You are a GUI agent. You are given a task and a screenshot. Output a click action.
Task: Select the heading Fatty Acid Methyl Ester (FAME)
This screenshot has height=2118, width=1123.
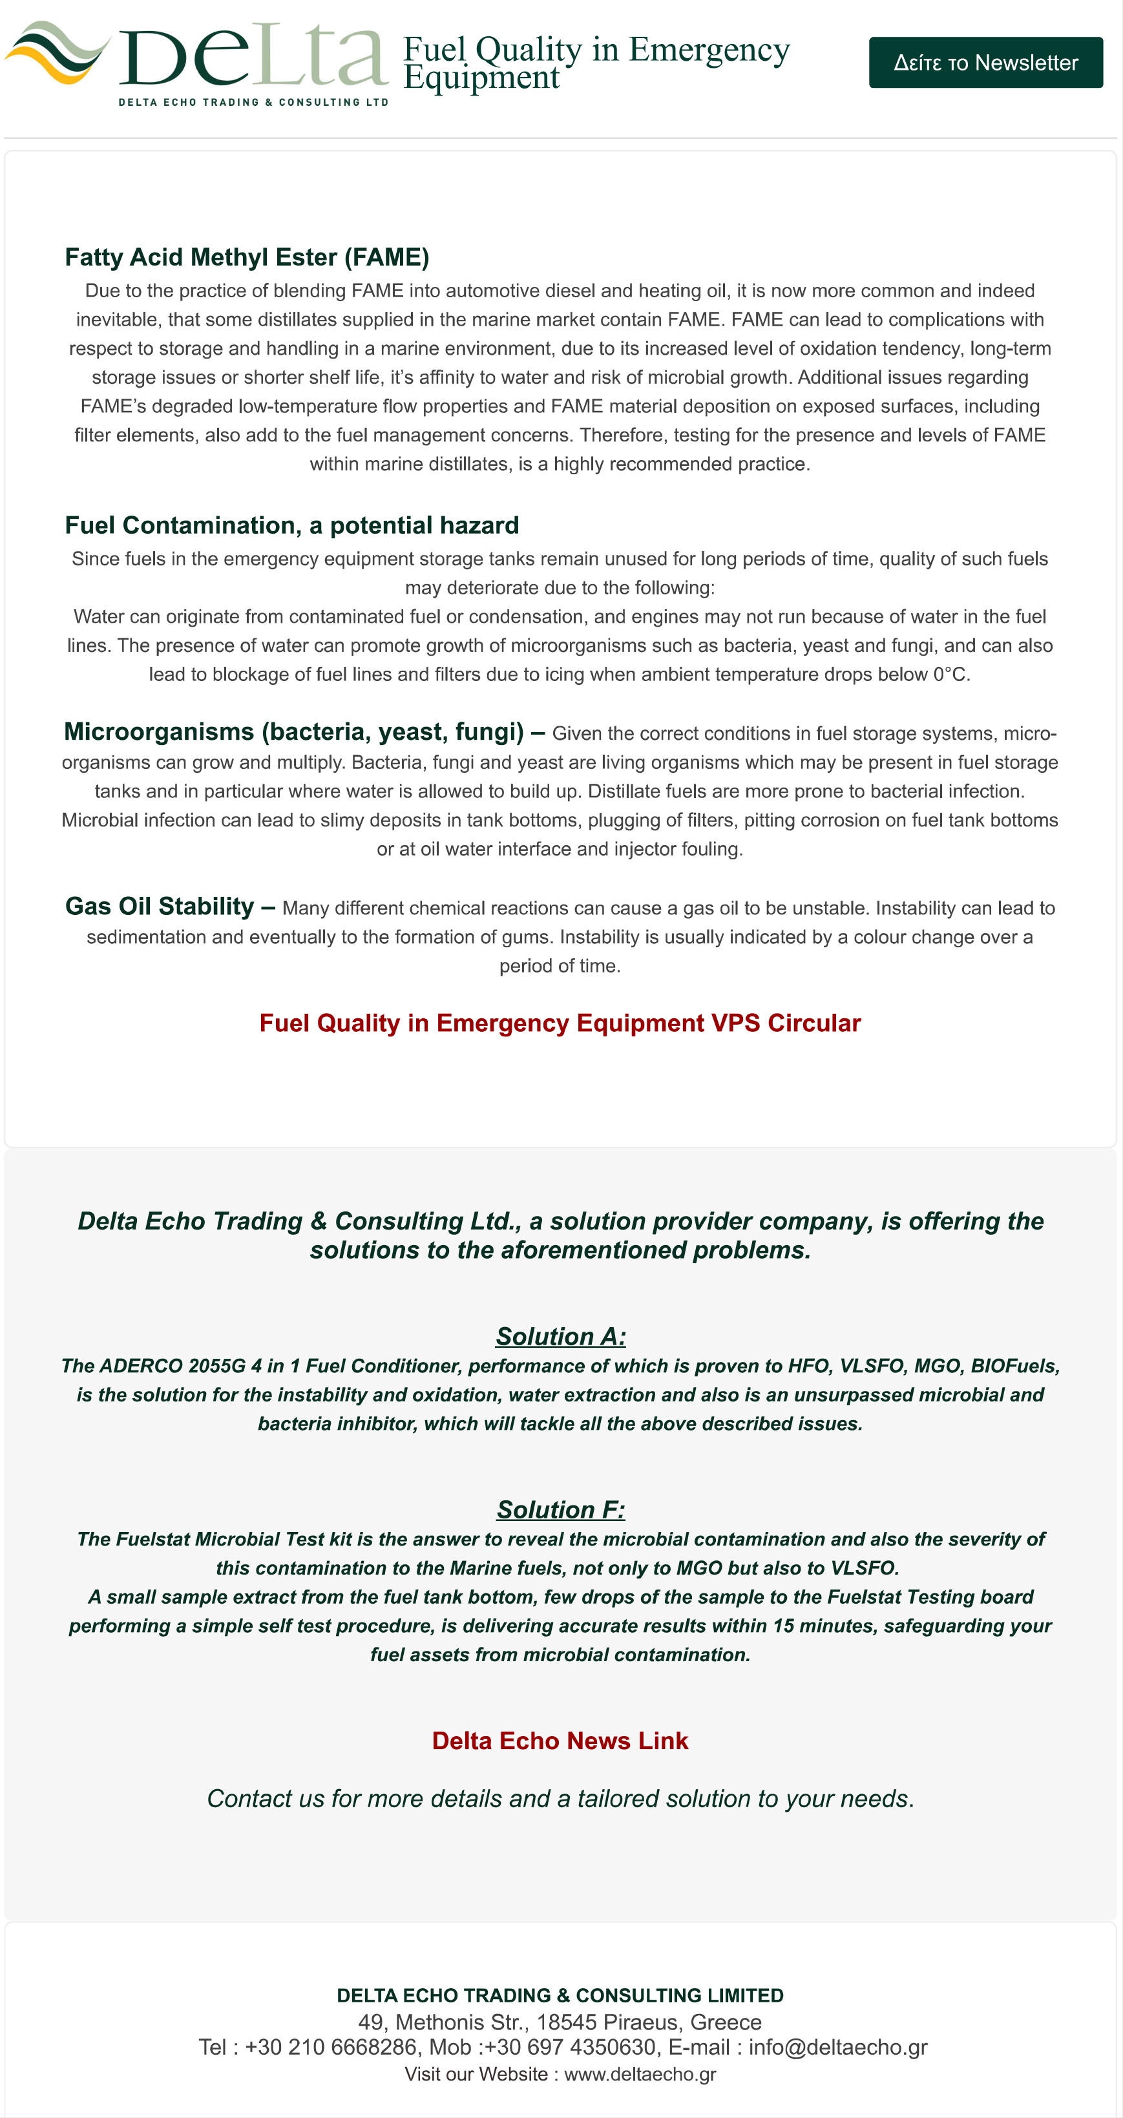pyautogui.click(x=247, y=257)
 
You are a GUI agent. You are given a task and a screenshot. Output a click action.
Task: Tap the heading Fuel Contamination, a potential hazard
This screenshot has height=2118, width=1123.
pyautogui.click(x=292, y=525)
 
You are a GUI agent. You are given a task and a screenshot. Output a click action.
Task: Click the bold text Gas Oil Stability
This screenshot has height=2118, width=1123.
pyautogui.click(x=160, y=906)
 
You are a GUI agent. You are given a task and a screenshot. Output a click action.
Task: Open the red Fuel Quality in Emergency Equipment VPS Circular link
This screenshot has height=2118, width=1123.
pyautogui.click(x=560, y=1023)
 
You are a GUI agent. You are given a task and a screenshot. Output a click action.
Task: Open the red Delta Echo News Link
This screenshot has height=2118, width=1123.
pyautogui.click(x=560, y=1741)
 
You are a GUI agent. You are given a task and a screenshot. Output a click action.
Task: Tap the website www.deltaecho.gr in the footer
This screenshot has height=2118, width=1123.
pyautogui.click(x=640, y=2075)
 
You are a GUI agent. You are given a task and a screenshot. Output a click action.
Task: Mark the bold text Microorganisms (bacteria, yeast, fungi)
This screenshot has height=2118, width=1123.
pyautogui.click(x=293, y=732)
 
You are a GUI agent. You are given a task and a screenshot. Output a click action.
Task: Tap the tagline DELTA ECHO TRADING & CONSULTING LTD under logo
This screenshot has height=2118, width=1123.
pyautogui.click(x=253, y=102)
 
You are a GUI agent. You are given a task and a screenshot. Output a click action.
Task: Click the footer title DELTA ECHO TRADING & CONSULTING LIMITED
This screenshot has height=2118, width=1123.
pyautogui.click(x=560, y=1995)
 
